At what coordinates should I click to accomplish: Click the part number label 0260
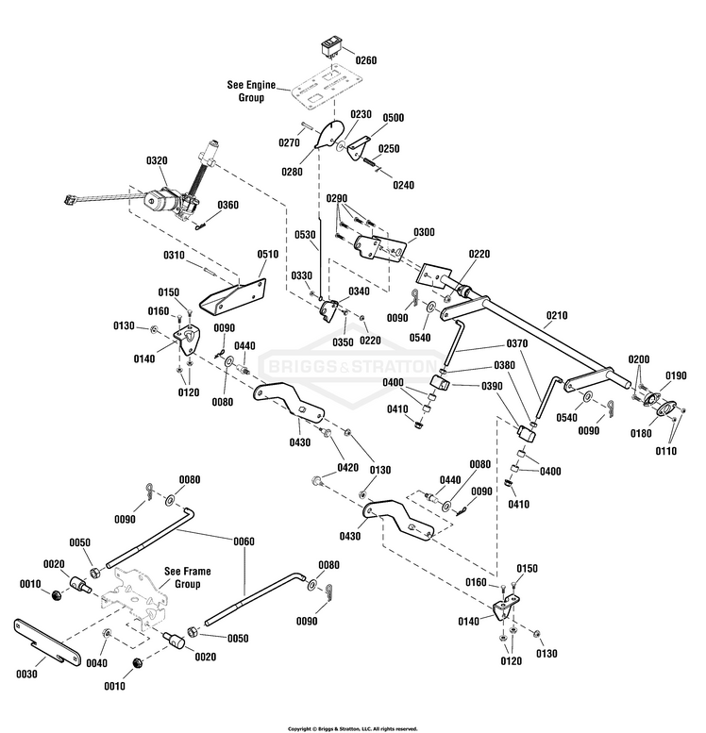365,60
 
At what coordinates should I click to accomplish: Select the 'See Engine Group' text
251,91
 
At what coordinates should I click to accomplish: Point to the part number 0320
157,161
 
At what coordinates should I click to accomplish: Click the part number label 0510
268,254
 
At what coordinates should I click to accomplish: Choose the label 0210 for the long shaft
558,314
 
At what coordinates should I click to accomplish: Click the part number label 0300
424,232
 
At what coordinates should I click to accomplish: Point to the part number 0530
304,235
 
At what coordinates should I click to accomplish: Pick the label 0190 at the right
675,375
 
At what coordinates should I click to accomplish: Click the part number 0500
393,118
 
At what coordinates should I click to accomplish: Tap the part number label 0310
174,255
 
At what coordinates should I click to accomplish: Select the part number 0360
228,205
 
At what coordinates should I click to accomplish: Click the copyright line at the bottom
352,728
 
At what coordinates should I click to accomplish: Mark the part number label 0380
503,364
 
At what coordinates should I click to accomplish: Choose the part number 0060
244,541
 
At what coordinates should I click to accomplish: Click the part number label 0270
289,142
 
